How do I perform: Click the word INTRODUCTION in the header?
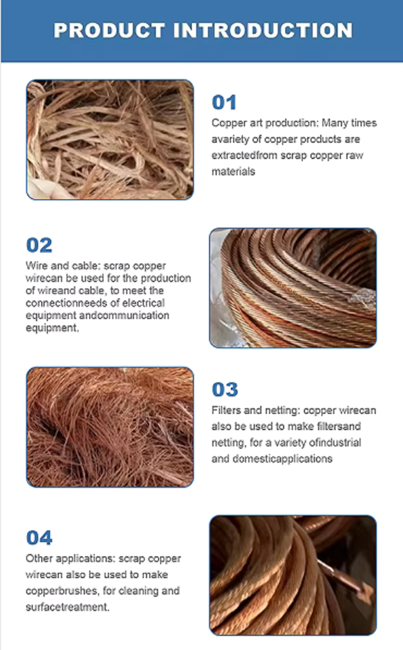tap(263, 31)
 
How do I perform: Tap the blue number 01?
tap(224, 102)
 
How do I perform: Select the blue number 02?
tap(39, 245)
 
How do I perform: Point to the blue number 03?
tap(225, 389)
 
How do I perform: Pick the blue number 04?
tap(39, 538)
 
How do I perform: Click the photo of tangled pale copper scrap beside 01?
tap(110, 140)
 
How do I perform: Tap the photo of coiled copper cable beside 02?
tap(293, 288)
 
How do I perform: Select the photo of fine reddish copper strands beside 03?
tap(110, 427)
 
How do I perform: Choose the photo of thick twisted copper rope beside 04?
tap(293, 575)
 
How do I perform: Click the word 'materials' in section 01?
tap(233, 172)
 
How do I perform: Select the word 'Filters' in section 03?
tap(226, 410)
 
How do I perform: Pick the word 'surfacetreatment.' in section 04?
tap(67, 607)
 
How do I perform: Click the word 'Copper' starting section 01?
tap(229, 123)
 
